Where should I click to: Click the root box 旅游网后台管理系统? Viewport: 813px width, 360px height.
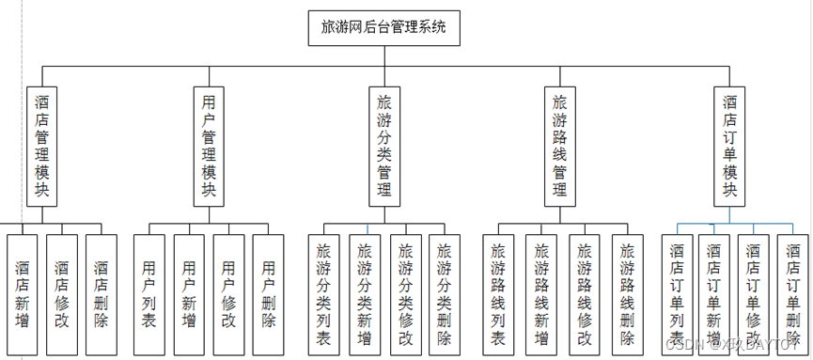click(383, 28)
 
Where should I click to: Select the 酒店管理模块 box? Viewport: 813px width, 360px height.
click(42, 146)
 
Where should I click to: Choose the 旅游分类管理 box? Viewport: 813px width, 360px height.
click(383, 146)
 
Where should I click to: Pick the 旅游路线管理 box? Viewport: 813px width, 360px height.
click(560, 146)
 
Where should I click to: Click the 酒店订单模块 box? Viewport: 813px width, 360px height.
click(730, 146)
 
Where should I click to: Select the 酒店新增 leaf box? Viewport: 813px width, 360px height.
click(22, 294)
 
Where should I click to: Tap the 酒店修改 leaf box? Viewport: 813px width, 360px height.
click(61, 294)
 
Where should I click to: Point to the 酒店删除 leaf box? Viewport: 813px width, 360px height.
click(102, 294)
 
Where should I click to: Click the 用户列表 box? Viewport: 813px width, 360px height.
click(149, 294)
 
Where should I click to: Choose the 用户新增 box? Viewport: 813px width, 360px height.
click(189, 294)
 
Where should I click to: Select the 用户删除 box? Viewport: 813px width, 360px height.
click(268, 294)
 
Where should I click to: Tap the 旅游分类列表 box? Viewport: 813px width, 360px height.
click(323, 294)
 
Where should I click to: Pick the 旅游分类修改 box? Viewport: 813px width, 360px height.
click(405, 294)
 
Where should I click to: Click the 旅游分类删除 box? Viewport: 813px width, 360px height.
click(445, 294)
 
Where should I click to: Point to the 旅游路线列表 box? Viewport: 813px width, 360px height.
click(498, 294)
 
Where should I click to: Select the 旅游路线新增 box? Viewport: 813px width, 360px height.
click(541, 294)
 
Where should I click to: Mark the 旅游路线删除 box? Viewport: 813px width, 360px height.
click(628, 294)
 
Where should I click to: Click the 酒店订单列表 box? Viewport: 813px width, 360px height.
click(677, 294)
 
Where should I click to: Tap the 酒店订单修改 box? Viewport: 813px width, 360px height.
click(753, 294)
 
